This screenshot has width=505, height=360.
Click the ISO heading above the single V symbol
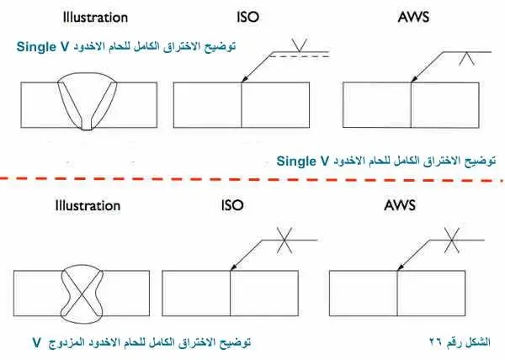point(247,17)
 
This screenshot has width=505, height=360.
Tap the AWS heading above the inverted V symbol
point(413,17)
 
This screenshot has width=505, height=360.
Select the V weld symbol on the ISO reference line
point(299,45)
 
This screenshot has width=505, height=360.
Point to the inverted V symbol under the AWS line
point(466,59)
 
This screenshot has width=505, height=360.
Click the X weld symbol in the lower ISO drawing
point(284,240)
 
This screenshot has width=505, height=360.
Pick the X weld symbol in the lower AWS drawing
point(452,240)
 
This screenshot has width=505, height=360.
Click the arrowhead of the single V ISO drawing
point(245,78)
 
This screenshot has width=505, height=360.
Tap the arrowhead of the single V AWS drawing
point(414,78)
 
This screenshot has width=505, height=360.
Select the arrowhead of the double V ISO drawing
point(233,267)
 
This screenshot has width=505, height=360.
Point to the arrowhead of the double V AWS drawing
point(401,267)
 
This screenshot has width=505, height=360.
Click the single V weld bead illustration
point(87,101)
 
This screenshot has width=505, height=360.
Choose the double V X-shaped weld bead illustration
point(82,294)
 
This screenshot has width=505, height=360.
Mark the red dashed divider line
point(251,179)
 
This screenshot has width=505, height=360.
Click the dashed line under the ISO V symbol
point(299,56)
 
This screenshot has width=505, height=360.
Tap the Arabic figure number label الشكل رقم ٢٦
point(460,342)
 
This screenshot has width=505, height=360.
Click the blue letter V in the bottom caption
point(37,342)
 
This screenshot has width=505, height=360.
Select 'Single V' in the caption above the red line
point(303,161)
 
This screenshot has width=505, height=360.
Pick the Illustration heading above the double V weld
point(88,205)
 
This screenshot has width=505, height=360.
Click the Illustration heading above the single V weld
point(95,18)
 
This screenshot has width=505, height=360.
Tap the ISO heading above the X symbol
point(232,205)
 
